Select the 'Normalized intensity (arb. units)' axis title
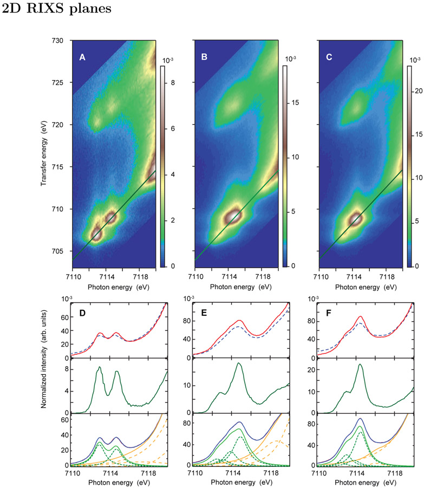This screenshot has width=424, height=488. pyautogui.click(x=43, y=383)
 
